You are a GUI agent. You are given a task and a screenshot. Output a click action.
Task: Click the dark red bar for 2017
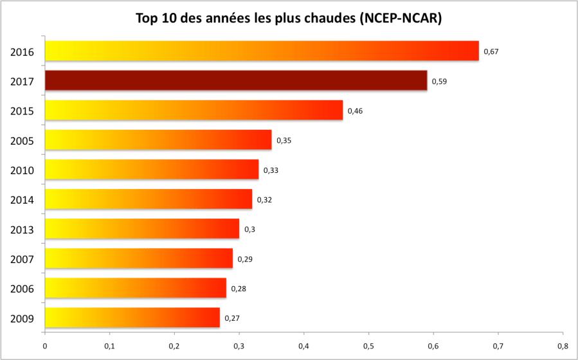236,81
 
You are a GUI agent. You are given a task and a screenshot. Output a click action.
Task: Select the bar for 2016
262,51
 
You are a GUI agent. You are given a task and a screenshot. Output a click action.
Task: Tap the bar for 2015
194,111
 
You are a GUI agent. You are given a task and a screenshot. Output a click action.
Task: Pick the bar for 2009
132,318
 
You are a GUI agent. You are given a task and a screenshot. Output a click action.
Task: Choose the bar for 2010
152,170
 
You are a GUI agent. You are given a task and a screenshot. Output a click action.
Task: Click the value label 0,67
491,51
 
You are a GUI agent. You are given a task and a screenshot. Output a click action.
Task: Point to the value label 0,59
439,82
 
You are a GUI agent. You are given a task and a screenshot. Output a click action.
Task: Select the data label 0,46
355,111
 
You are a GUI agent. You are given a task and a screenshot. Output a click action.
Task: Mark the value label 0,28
239,289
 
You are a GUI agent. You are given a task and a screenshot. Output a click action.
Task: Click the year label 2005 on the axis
23,141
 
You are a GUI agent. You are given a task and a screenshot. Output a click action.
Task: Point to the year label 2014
23,200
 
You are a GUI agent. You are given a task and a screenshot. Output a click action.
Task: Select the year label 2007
23,259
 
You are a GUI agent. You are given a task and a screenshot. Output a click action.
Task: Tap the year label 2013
23,230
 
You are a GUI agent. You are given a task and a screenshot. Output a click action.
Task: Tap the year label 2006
23,289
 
